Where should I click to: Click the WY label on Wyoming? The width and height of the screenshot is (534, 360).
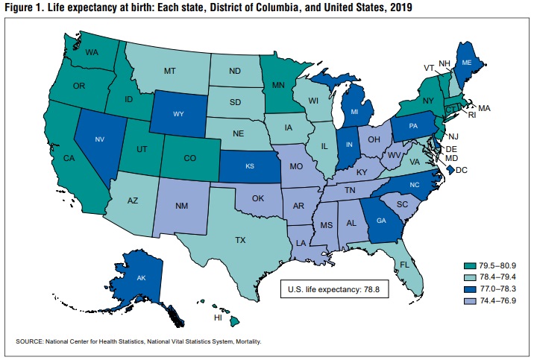click(x=178, y=114)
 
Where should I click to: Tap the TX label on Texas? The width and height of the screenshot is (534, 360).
click(x=240, y=240)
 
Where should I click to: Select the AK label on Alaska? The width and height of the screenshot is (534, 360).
click(x=142, y=278)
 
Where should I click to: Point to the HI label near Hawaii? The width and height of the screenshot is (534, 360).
click(x=218, y=318)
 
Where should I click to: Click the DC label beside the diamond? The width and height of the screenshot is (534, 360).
click(x=462, y=170)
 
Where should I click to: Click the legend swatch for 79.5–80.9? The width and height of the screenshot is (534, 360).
click(x=470, y=266)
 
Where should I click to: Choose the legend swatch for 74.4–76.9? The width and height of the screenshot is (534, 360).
click(x=470, y=301)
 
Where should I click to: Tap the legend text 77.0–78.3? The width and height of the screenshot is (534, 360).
click(x=498, y=289)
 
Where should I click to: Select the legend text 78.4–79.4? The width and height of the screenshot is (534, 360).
click(x=498, y=277)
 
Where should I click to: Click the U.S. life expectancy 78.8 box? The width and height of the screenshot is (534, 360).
click(x=334, y=289)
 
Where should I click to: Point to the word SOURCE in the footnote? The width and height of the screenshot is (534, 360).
click(x=30, y=341)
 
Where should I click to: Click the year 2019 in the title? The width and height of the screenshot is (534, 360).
click(x=401, y=7)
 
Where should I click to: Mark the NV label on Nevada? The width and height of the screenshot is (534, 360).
click(x=100, y=139)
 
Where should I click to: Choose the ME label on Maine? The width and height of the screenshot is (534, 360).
click(x=467, y=63)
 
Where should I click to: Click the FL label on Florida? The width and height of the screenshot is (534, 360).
click(x=404, y=265)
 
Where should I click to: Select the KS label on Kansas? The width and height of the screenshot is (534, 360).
click(x=250, y=166)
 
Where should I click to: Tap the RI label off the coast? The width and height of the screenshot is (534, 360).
click(x=472, y=115)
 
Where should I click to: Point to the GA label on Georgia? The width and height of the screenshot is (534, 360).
click(x=381, y=221)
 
